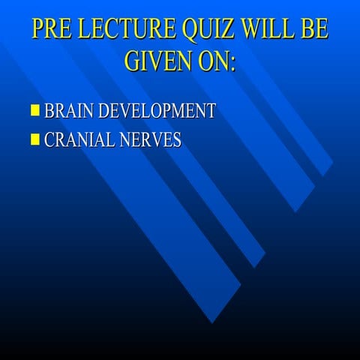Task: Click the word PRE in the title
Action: click(x=52, y=28)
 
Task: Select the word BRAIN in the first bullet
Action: click(x=68, y=112)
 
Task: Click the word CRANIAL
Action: click(x=79, y=139)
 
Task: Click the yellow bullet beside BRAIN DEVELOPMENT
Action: click(x=34, y=112)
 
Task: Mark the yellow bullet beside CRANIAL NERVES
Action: click(x=34, y=139)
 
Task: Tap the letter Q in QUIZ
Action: click(x=190, y=28)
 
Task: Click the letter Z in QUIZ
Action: click(x=229, y=28)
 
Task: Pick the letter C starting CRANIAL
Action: click(x=51, y=139)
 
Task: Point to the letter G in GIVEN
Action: click(x=133, y=61)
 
